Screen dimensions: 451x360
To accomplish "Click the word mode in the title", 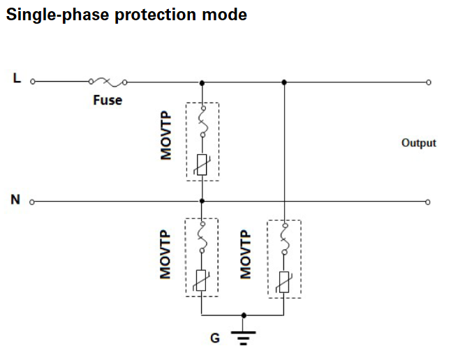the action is click(x=224, y=15).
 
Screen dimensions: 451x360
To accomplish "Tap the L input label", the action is click(x=17, y=78).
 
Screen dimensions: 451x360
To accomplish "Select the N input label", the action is click(x=15, y=200).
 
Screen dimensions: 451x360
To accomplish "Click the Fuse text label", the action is click(x=108, y=100).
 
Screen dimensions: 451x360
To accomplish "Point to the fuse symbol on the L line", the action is click(x=108, y=82).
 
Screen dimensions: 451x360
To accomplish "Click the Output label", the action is click(x=419, y=143).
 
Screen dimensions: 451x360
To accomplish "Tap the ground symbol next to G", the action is click(x=244, y=338).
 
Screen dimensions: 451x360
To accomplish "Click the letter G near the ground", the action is click(x=215, y=338).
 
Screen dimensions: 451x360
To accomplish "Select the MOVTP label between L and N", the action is click(x=165, y=135).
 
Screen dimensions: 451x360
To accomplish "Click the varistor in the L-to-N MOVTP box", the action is click(x=202, y=165).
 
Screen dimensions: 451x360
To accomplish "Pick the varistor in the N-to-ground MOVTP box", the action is click(x=201, y=280).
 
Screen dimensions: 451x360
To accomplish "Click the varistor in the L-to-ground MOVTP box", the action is click(x=284, y=282).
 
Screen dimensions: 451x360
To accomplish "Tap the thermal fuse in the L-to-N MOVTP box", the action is click(x=202, y=121).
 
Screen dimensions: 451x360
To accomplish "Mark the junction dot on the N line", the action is click(x=202, y=201).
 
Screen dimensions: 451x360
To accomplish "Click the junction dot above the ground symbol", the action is click(x=244, y=315).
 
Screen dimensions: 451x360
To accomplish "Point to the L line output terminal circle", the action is click(x=429, y=82).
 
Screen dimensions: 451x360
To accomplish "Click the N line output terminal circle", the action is click(x=428, y=202).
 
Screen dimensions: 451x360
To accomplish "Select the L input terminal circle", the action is click(x=33, y=82).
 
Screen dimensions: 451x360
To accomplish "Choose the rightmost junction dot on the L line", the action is click(x=284, y=82).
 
